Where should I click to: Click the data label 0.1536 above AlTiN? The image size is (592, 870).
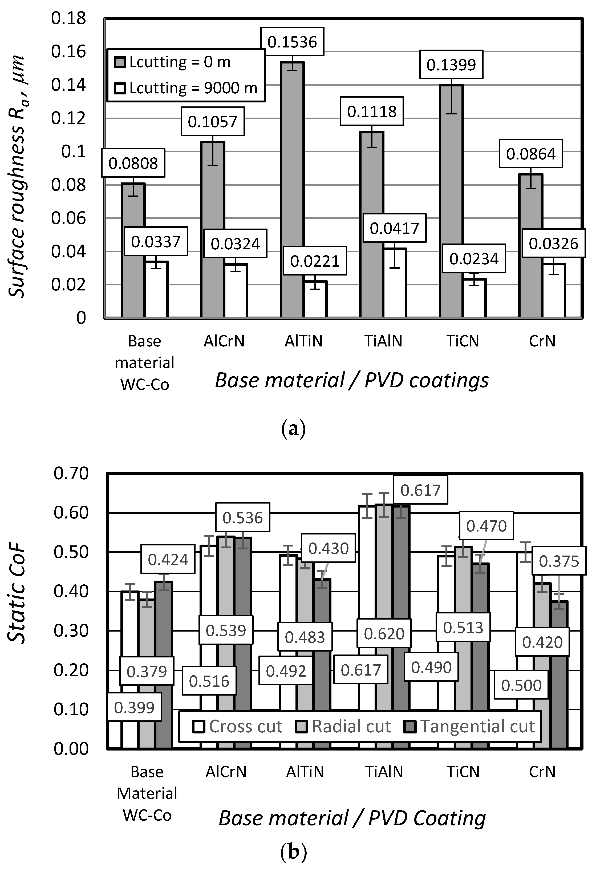(x=292, y=42)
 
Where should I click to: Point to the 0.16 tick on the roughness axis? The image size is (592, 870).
(x=68, y=51)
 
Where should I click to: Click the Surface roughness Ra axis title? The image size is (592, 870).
(x=17, y=176)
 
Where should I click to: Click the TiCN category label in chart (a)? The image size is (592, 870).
(x=463, y=341)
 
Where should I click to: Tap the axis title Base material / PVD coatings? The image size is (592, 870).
(x=351, y=380)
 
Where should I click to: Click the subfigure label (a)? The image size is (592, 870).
(x=293, y=429)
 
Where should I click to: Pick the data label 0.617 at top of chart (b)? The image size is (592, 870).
(x=420, y=490)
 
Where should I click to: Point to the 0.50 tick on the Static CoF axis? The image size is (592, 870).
(x=71, y=552)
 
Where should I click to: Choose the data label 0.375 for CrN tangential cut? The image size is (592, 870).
(x=558, y=561)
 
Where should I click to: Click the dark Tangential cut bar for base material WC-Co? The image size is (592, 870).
(x=164, y=636)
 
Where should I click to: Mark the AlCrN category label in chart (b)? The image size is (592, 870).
(x=226, y=772)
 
